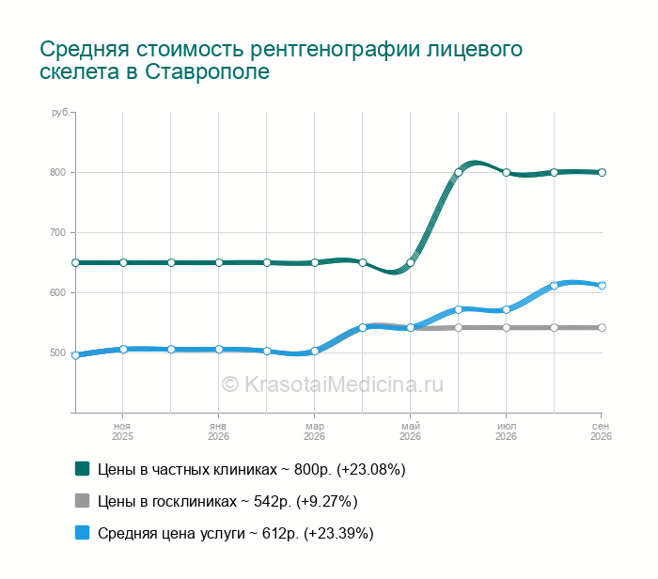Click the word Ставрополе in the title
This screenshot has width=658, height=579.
208,71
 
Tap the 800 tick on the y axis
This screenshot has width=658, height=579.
57,172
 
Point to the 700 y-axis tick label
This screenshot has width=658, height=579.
57,232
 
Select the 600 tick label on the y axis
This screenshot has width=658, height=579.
57,293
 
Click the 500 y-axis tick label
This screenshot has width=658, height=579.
57,352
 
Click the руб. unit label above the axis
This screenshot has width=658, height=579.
61,113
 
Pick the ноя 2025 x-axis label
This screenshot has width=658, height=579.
122,431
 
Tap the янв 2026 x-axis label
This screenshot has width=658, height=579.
218,431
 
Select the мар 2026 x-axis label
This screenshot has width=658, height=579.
314,431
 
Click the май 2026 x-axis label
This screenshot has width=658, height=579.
410,431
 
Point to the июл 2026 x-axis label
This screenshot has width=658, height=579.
506,431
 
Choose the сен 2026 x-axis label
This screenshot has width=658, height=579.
601,431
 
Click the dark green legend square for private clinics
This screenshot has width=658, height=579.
83,469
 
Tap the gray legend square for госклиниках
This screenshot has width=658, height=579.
83,501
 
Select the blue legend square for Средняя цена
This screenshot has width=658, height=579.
83,532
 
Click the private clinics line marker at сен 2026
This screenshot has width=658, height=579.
602,172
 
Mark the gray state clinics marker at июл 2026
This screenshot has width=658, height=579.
506,328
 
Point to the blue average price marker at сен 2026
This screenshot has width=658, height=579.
602,286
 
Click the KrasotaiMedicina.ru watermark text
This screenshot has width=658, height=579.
333,384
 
